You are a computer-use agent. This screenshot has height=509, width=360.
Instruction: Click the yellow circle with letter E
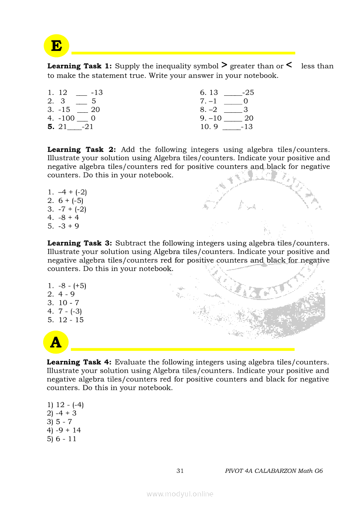pos(57,46)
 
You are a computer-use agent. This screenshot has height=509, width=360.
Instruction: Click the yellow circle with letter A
pos(56,342)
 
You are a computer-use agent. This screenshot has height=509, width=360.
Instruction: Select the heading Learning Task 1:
pos(79,66)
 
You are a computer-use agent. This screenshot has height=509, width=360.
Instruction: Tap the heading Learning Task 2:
pos(82,149)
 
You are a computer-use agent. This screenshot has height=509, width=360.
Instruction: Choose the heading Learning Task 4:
pos(79,362)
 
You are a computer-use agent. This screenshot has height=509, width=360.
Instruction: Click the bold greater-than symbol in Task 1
pos(224,66)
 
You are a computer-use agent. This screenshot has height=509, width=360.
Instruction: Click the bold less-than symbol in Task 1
pos(289,66)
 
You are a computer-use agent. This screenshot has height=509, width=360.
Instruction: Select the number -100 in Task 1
pos(66,118)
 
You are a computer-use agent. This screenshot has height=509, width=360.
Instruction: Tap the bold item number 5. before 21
pos(51,127)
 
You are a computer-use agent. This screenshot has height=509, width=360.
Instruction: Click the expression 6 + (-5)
pos(71,201)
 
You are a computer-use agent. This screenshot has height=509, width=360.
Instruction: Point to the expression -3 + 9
pos(68,226)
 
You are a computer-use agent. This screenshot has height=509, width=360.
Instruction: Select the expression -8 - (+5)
pos(72,286)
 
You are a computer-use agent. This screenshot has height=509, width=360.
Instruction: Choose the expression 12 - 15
pos(71,320)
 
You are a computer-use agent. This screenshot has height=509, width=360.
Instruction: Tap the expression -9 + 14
pos(68,431)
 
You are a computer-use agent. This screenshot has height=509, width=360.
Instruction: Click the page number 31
pos(180,471)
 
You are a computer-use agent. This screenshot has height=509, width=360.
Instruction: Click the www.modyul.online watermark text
pos(180,494)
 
